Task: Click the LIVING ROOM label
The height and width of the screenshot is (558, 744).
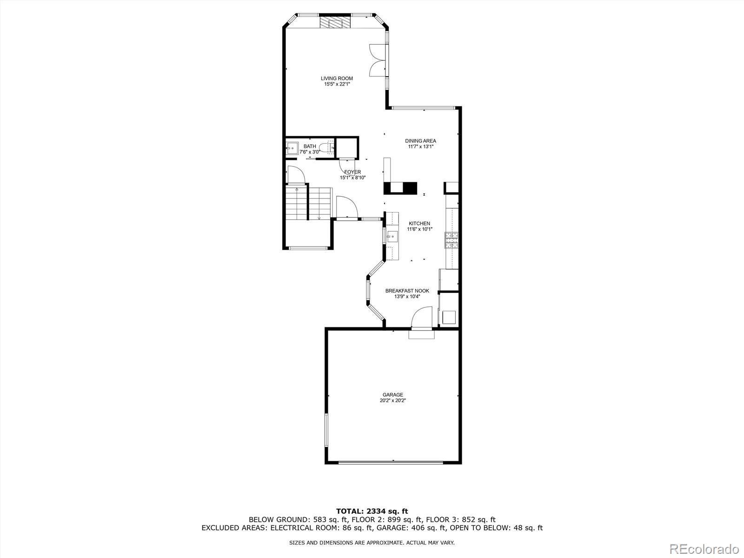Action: tap(337, 79)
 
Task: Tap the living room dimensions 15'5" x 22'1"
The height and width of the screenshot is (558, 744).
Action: tap(337, 84)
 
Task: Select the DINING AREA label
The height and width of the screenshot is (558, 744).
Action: tap(420, 141)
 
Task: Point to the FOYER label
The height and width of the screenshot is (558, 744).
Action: tap(352, 172)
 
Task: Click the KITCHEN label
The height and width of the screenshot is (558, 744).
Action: tap(419, 224)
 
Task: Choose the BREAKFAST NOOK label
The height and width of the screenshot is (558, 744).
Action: tap(407, 291)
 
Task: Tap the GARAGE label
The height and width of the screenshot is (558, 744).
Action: tap(393, 395)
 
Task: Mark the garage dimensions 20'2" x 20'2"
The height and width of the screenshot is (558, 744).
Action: tap(393, 400)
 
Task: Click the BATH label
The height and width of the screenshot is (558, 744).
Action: tap(310, 146)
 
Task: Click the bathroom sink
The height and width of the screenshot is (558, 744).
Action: tap(292, 148)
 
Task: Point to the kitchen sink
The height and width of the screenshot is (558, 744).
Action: tap(392, 237)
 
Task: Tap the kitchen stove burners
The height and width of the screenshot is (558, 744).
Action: tap(452, 240)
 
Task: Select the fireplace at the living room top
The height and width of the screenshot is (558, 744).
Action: tap(335, 23)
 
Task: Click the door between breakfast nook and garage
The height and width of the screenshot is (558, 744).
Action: tap(421, 321)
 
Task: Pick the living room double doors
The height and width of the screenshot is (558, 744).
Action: tap(378, 60)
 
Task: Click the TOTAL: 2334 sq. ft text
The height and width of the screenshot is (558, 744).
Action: tap(372, 511)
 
